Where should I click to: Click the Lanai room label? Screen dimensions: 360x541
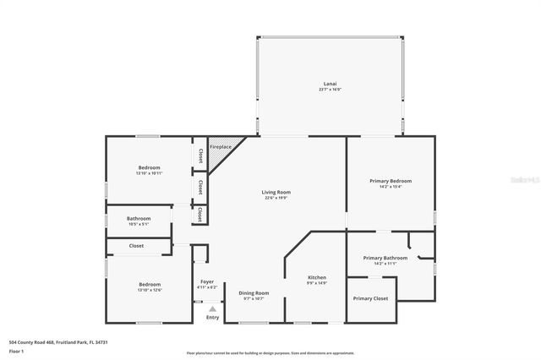331,84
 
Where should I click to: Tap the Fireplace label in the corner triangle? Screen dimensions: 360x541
221,147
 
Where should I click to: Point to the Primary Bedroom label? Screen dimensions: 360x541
391,181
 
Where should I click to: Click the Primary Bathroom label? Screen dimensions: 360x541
385,258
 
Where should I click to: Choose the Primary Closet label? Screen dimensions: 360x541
370,298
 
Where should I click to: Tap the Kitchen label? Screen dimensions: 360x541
317,277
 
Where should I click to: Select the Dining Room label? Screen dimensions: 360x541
254,292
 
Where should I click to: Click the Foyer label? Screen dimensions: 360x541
207,281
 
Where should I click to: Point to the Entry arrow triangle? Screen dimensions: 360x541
212,309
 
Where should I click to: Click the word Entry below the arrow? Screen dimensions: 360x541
212,318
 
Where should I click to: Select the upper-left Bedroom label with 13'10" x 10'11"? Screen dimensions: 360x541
150,167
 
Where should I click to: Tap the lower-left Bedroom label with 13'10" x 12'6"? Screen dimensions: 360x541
150,285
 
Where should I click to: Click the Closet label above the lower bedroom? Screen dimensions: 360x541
136,246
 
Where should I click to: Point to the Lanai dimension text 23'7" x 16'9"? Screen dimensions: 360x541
331,90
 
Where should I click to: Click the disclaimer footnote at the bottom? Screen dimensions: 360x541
270,353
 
